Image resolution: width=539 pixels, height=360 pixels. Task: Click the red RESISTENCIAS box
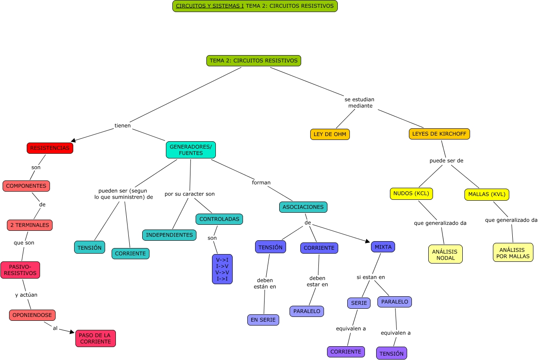(50, 148)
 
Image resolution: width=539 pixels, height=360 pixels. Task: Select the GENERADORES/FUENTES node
(190, 150)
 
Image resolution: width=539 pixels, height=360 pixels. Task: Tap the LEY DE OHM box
(330, 134)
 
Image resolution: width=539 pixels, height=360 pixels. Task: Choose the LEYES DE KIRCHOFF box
(439, 134)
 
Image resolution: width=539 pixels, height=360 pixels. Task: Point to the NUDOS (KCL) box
(411, 194)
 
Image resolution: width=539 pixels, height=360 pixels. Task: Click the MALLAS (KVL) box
(486, 195)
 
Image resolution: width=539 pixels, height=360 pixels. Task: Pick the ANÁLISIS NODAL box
(445, 254)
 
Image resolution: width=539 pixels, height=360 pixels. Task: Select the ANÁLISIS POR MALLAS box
(513, 252)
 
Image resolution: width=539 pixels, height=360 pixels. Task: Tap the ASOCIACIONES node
(303, 207)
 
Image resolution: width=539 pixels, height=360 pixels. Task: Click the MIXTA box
(383, 247)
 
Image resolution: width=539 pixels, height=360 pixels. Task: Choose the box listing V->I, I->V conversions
(222, 269)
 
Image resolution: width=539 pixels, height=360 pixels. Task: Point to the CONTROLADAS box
(219, 219)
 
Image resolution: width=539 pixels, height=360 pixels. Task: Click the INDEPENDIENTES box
(169, 235)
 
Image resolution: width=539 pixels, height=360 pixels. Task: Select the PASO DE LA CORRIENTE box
(95, 338)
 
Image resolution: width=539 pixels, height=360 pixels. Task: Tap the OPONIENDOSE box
(32, 315)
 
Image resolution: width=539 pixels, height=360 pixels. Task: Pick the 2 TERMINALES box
(30, 225)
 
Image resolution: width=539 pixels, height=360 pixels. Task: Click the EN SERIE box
(263, 320)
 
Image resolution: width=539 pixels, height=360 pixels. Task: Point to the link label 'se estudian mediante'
(360, 102)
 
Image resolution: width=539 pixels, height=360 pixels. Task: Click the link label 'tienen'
(122, 126)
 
